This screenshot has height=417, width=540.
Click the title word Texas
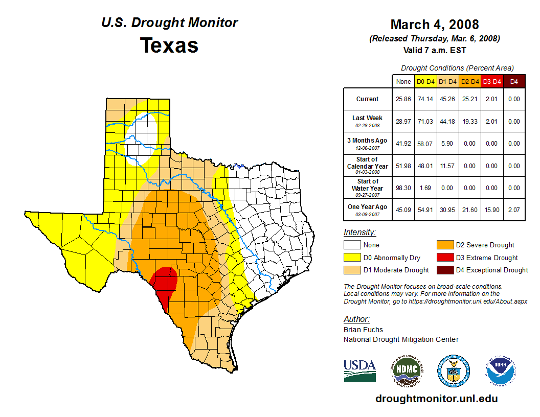coord(169,45)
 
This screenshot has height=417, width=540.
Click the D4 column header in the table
coord(514,81)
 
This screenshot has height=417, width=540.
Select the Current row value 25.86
coord(403,99)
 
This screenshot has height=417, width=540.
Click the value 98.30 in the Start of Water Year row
coord(403,188)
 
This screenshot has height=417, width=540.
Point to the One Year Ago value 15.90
coord(491,210)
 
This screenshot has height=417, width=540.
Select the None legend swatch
coord(352,245)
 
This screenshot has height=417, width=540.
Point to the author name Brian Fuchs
coord(363,330)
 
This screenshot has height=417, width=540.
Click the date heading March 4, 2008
coord(434,25)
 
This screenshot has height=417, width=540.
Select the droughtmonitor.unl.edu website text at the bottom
coord(436,399)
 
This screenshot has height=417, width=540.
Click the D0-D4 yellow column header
coord(425,81)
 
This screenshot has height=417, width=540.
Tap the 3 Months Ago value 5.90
coord(447,144)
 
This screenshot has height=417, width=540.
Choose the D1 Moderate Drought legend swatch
coord(352,270)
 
